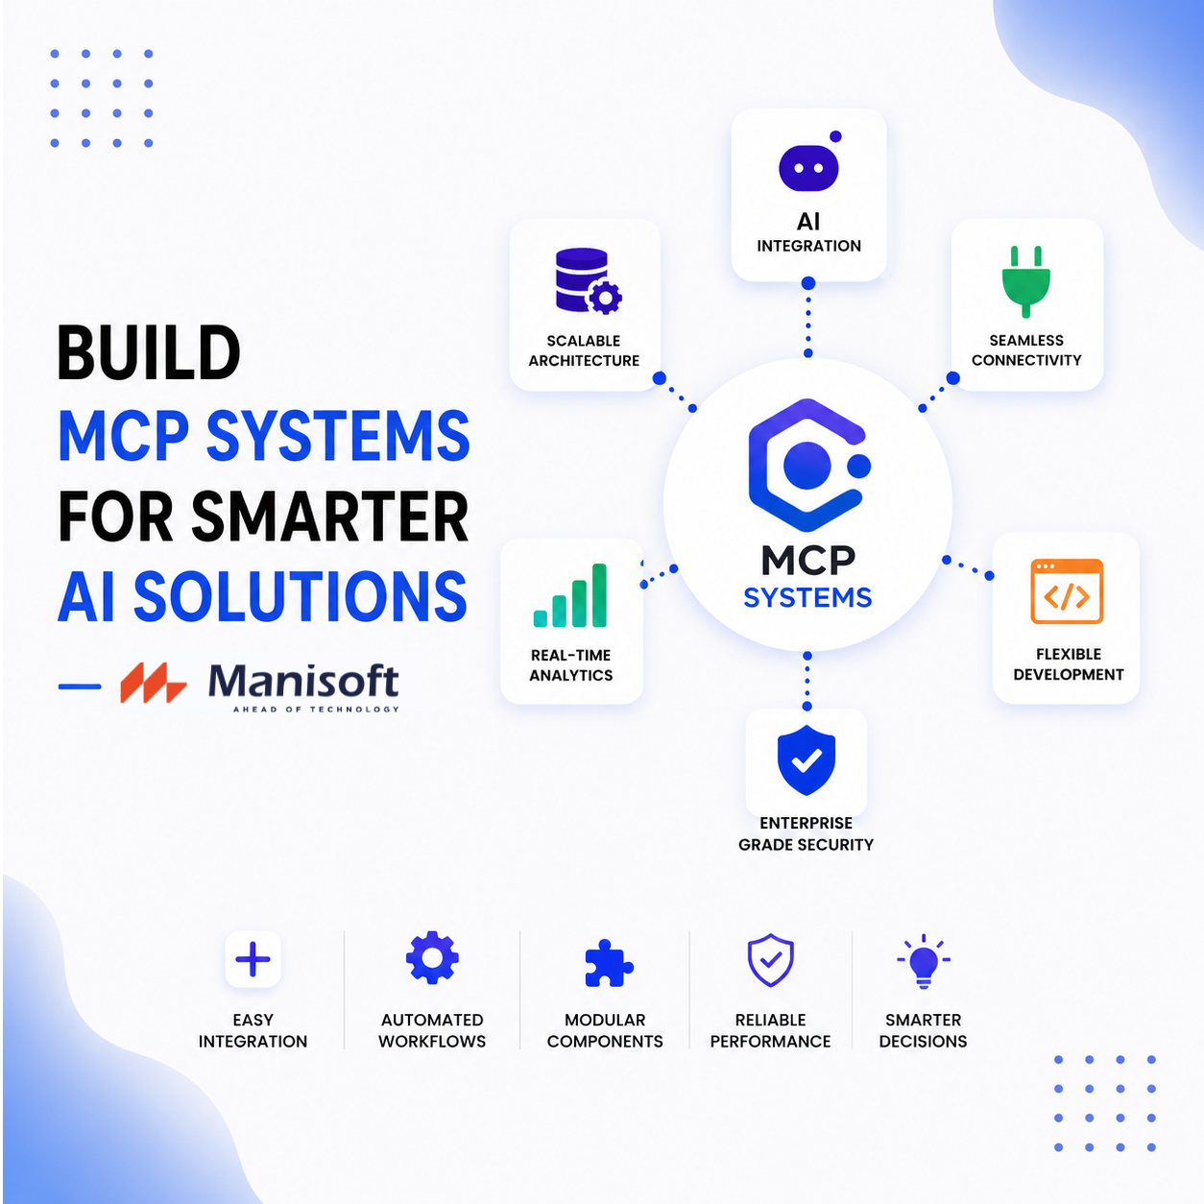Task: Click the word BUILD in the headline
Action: pos(148,353)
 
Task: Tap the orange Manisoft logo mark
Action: pos(153,683)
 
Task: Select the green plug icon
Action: pos(1026,281)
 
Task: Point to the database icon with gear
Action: pos(588,280)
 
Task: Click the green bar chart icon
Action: pos(569,595)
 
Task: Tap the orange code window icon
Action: pos(1067,591)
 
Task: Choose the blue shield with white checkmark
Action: pos(806,759)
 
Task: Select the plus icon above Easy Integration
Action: pos(253,959)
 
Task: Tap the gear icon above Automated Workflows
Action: pos(432,957)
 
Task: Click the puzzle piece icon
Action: pos(608,963)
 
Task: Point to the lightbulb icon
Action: pos(924,962)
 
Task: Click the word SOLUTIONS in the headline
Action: pos(300,596)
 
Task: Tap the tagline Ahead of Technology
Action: pos(316,710)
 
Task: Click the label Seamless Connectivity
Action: pos(1026,349)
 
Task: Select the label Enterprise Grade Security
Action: pos(806,833)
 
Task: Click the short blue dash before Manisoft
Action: pos(80,686)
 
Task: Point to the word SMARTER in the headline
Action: pos(329,517)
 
